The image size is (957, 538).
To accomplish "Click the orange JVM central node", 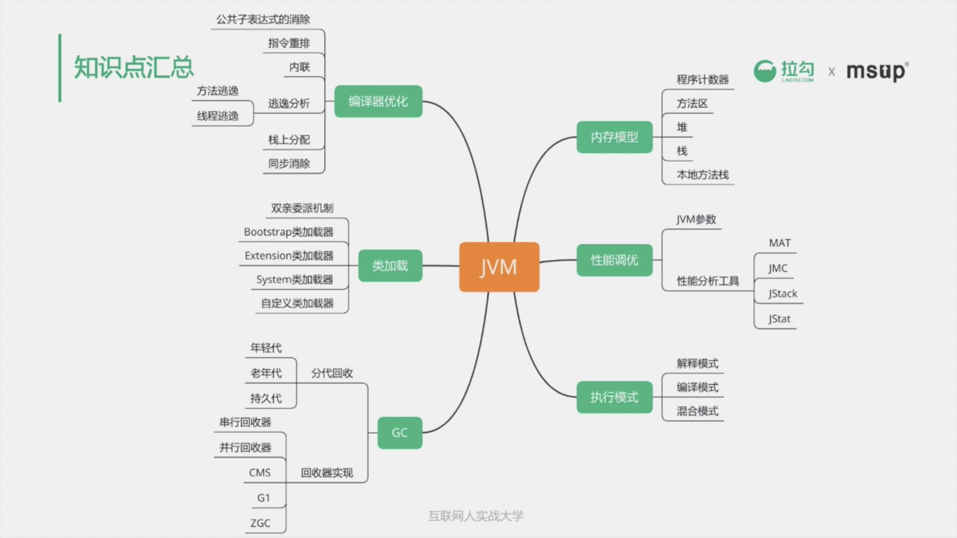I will click(x=499, y=267).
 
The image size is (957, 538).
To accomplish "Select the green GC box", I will click(x=400, y=432).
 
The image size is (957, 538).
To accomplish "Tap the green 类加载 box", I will click(x=390, y=266).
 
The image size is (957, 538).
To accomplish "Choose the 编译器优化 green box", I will click(x=378, y=102).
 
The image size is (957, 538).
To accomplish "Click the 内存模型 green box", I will click(x=614, y=137).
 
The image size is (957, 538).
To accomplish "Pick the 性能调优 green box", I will click(x=614, y=260).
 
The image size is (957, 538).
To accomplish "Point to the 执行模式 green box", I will click(x=614, y=397).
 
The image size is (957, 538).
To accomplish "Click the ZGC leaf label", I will click(x=260, y=523).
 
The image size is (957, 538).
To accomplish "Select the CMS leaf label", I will click(x=260, y=472).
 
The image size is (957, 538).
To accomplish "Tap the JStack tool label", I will click(x=783, y=293).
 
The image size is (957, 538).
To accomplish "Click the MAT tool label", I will click(x=780, y=243).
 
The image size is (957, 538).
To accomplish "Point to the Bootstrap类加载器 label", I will click(x=288, y=232).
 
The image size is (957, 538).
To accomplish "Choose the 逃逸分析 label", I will click(x=289, y=103).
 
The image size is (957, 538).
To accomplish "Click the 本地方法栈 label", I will click(x=702, y=175).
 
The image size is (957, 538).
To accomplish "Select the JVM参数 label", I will click(x=696, y=220).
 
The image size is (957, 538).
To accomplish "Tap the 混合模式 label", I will click(x=697, y=411).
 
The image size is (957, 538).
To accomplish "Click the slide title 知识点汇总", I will click(x=134, y=67).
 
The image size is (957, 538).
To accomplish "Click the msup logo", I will click(x=877, y=71).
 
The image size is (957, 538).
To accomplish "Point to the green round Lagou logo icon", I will click(x=765, y=71).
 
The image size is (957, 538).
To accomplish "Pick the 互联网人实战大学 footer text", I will click(x=476, y=516).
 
